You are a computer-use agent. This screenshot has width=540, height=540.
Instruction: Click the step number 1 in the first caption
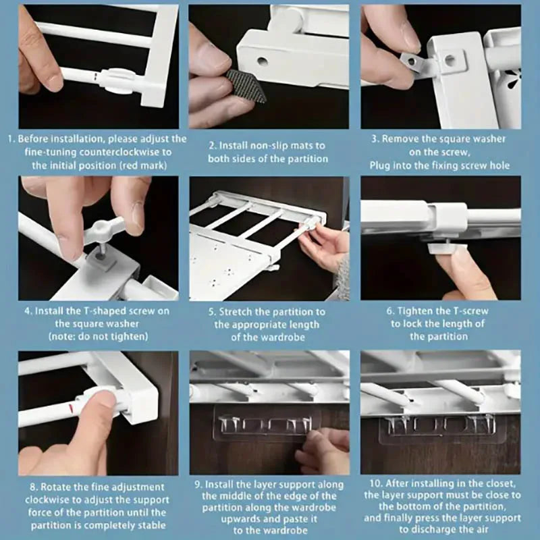[11, 139]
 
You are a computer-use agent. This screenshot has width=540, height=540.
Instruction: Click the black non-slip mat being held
[246, 85]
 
